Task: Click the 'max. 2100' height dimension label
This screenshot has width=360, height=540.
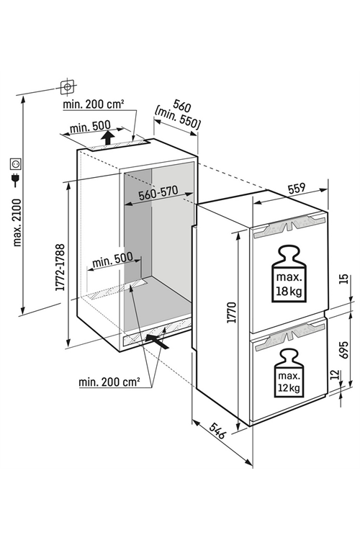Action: pyautogui.click(x=17, y=222)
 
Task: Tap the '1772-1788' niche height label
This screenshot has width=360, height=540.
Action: pyautogui.click(x=60, y=267)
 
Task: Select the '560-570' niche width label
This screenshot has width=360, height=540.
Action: pyautogui.click(x=158, y=193)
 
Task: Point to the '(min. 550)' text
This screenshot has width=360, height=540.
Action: pyautogui.click(x=177, y=120)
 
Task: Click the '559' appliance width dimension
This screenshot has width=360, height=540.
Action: pyautogui.click(x=297, y=189)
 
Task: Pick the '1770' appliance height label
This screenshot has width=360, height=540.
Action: pyautogui.click(x=232, y=312)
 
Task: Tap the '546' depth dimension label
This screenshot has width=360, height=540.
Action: pyautogui.click(x=217, y=431)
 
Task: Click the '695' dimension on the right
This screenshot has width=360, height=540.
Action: pyautogui.click(x=344, y=350)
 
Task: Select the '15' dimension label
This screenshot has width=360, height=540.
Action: pyautogui.click(x=344, y=279)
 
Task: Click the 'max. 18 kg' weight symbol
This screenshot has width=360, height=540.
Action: pyautogui.click(x=289, y=274)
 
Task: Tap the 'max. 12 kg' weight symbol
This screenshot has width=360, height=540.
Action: pyautogui.click(x=289, y=372)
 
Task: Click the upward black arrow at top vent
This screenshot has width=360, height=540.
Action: pyautogui.click(x=108, y=138)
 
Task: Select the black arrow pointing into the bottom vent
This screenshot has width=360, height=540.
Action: pyautogui.click(x=157, y=341)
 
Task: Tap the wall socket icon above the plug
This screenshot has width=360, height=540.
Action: pyautogui.click(x=16, y=164)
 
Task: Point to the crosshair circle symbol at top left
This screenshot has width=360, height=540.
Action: pyautogui.click(x=67, y=86)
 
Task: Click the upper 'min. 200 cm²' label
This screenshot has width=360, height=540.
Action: pyautogui.click(x=93, y=104)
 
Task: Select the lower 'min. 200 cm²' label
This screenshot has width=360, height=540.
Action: pyautogui.click(x=109, y=382)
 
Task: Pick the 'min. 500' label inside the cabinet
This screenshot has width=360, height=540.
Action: pyautogui.click(x=112, y=260)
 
